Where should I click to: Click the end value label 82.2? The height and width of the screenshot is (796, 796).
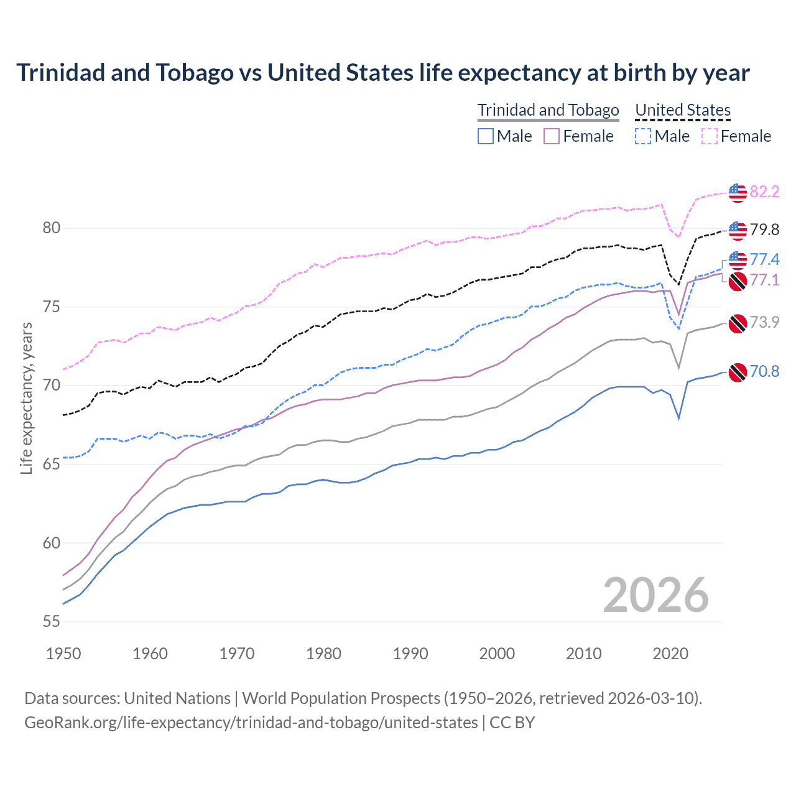(764, 192)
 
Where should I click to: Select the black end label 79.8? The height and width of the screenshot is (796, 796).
(764, 229)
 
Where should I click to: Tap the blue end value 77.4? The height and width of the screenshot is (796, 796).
(764, 259)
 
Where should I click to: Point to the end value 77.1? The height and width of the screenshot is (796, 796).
(764, 280)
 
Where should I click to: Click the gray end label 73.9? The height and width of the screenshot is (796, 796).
(764, 322)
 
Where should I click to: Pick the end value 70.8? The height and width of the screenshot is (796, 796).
(764, 371)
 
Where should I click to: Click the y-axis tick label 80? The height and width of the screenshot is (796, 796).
(52, 228)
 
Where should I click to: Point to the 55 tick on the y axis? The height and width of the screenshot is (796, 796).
(52, 621)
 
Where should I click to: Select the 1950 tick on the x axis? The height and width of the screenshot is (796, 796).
(63, 654)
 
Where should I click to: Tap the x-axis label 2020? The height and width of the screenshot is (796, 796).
(670, 654)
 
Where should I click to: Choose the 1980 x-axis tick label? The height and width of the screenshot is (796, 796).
(323, 654)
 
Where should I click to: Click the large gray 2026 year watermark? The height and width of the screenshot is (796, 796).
(655, 596)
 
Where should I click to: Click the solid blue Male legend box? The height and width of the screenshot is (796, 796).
(486, 136)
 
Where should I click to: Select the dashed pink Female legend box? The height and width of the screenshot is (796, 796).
(709, 136)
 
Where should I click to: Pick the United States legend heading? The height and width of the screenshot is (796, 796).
(682, 110)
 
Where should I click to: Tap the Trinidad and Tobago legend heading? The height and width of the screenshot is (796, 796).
(548, 110)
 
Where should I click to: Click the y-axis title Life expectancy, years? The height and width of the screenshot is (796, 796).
(27, 398)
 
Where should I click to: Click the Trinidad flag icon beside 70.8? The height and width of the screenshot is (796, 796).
(738, 373)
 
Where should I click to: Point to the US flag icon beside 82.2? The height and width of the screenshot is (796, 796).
(738, 193)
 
